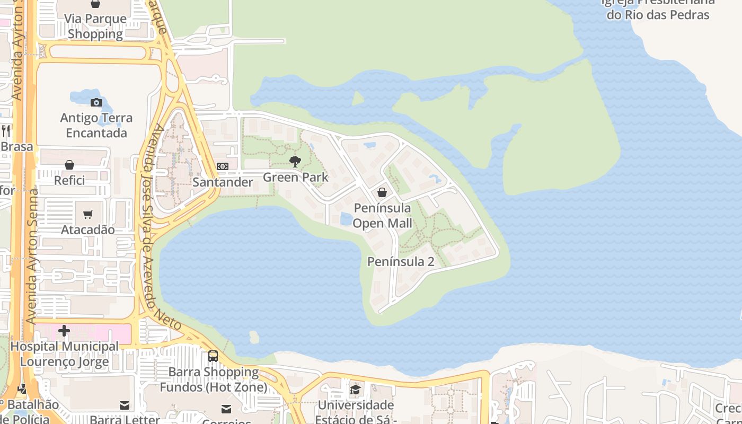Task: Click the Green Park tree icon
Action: click(295, 162)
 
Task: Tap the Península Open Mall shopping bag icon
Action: click(382, 192)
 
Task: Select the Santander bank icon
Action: click(223, 166)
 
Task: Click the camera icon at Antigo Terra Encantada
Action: click(96, 102)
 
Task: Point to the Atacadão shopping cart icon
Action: click(88, 214)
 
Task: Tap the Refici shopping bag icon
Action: click(69, 165)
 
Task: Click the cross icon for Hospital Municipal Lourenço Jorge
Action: click(64, 331)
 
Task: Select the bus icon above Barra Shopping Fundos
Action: click(213, 356)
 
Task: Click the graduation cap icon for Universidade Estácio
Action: click(355, 391)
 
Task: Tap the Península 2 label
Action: click(401, 261)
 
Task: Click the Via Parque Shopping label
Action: click(95, 26)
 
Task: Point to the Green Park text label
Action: click(296, 177)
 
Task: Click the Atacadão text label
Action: click(88, 229)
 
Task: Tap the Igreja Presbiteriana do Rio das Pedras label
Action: click(658, 8)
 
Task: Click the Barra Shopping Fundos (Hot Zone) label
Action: click(214, 379)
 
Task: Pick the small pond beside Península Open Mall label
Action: click(346, 218)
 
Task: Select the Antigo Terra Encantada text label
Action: click(96, 125)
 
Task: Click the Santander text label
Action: click(223, 182)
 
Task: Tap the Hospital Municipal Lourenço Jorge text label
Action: click(65, 354)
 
